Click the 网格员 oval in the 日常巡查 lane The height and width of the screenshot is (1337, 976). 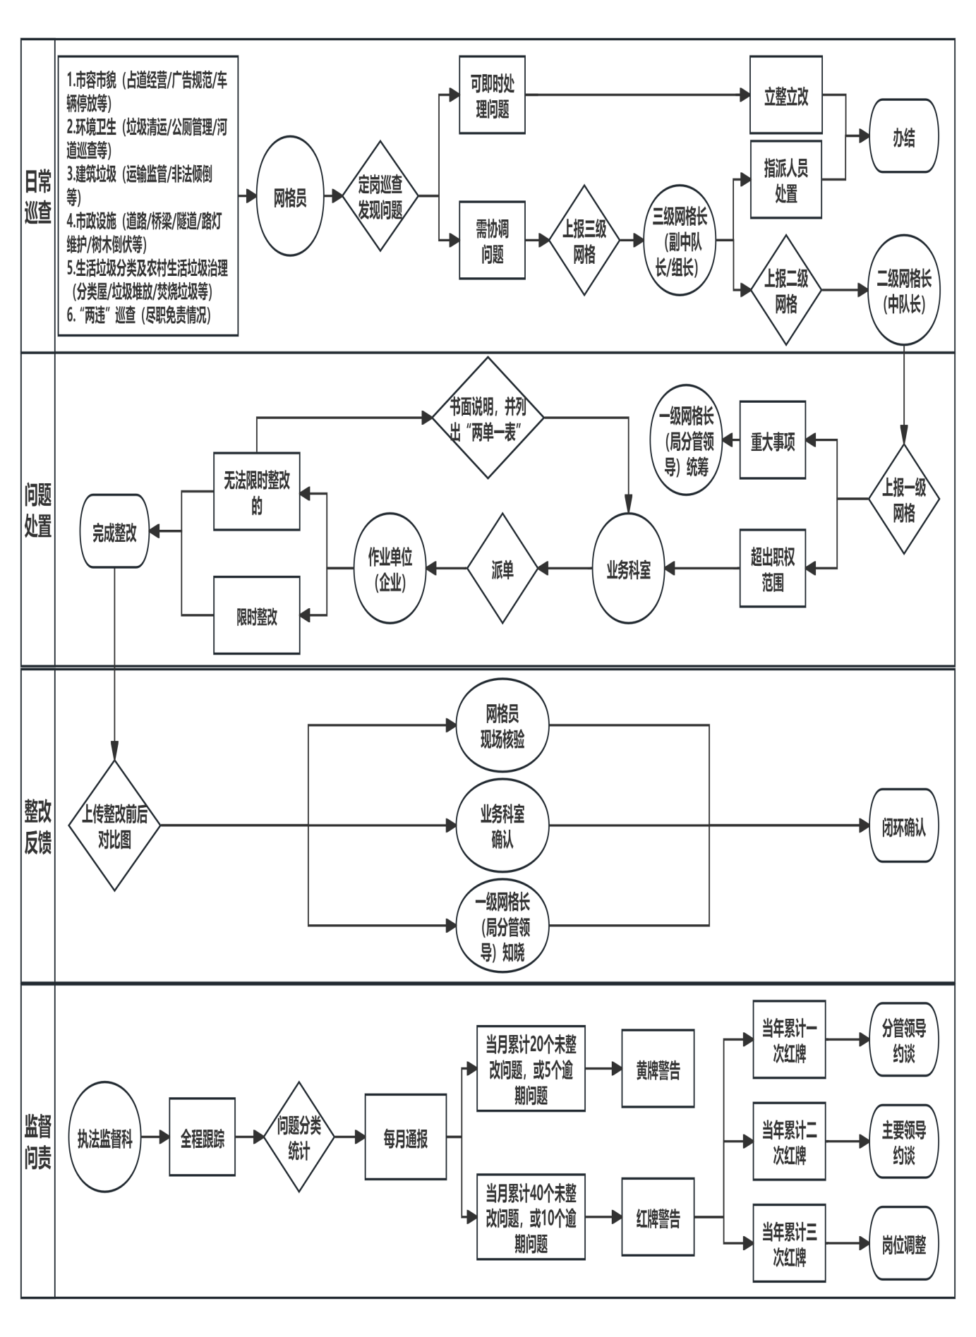pos(290,197)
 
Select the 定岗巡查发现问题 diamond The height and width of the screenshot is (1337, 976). pos(380,196)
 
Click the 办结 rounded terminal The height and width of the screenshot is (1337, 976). pos(904,136)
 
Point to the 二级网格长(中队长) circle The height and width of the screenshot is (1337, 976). pos(904,290)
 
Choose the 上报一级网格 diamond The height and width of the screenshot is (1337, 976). pos(904,500)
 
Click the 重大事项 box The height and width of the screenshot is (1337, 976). pos(773,440)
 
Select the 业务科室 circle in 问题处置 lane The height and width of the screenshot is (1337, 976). pos(629,569)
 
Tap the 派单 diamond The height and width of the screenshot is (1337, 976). pos(502,569)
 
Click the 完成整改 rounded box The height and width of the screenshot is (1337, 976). pos(114,531)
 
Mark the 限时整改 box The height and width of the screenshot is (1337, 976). pos(257,615)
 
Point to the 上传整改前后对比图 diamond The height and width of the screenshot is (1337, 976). pos(114,826)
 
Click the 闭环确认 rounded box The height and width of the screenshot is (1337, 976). pos(904,826)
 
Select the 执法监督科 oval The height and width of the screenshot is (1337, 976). pos(105,1138)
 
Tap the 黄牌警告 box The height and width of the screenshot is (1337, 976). pos(658,1069)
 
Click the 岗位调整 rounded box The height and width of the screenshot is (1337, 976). pos(904,1244)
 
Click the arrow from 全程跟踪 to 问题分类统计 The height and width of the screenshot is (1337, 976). pos(250,1137)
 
